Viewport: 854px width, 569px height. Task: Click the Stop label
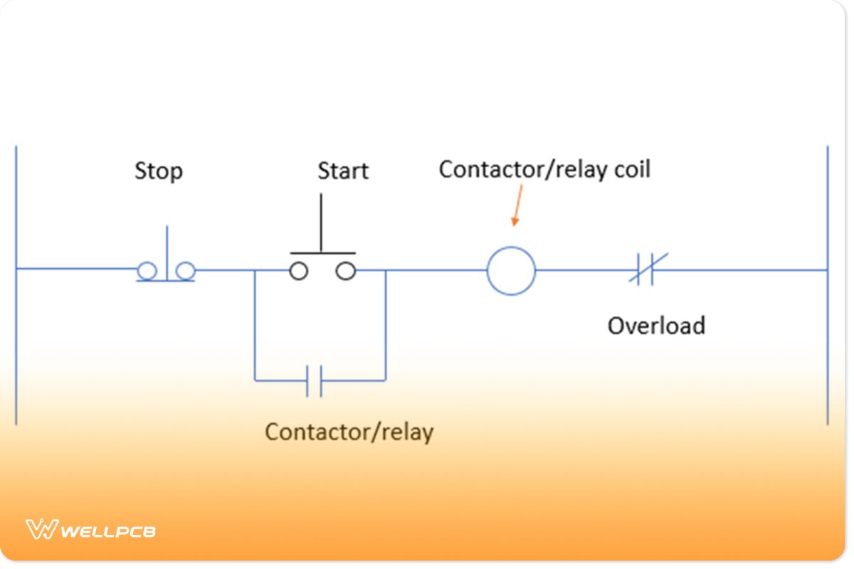click(159, 171)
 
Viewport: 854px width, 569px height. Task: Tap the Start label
click(342, 171)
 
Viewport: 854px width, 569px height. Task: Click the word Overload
click(656, 326)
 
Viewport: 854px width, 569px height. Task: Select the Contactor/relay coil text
click(544, 169)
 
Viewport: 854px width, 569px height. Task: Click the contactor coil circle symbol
click(511, 271)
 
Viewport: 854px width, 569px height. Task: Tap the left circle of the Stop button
click(147, 270)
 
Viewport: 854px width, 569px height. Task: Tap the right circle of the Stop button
click(186, 270)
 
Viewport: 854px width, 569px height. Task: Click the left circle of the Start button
click(299, 271)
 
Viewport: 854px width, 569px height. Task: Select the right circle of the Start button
click(346, 271)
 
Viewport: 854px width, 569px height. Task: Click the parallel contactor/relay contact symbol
click(315, 381)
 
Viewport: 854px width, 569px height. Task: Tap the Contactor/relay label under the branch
click(349, 432)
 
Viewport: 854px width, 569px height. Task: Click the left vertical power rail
click(16, 284)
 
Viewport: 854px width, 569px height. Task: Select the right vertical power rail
click(827, 284)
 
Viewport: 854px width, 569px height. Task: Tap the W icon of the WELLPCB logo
click(41, 530)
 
